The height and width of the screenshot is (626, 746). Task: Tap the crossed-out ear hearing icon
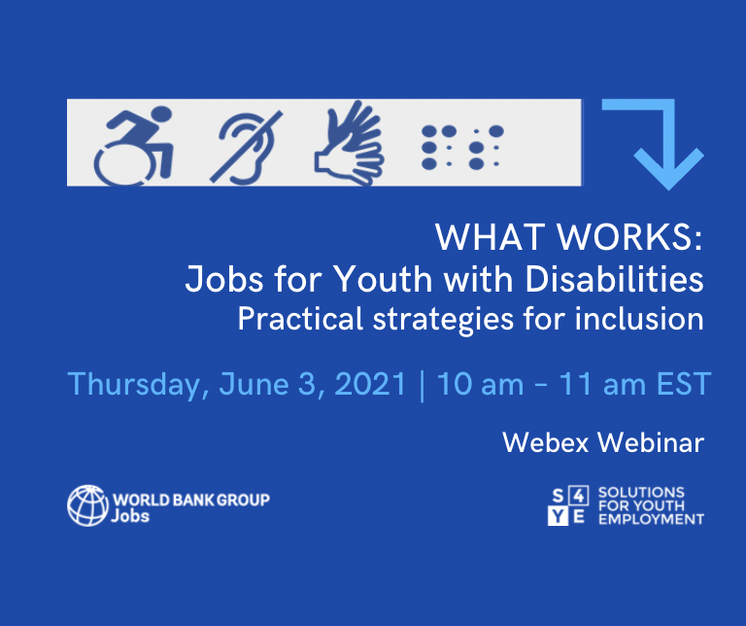point(246,148)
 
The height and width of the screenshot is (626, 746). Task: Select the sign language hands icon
point(350,142)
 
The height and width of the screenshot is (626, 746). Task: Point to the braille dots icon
point(462,147)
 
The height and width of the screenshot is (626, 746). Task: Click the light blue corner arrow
point(667,143)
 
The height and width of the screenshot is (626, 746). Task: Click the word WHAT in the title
point(490,236)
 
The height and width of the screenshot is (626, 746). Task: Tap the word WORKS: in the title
point(629,236)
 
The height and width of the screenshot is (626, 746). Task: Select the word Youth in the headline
point(383,278)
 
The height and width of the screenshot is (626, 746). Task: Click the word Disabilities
point(614,278)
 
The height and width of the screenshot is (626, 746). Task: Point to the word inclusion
point(639,319)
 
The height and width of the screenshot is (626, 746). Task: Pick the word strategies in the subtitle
point(443,320)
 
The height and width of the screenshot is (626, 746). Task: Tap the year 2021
point(370,384)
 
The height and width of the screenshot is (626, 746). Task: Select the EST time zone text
point(684,384)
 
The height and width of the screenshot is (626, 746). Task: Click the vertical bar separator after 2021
point(422,386)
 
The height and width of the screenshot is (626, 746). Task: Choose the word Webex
point(546,442)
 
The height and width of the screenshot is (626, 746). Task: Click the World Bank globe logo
point(88,505)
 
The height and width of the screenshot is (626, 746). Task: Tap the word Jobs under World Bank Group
point(130,516)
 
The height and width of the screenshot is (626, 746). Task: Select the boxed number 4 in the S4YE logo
point(579,496)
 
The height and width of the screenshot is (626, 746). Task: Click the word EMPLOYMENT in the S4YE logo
point(651,519)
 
